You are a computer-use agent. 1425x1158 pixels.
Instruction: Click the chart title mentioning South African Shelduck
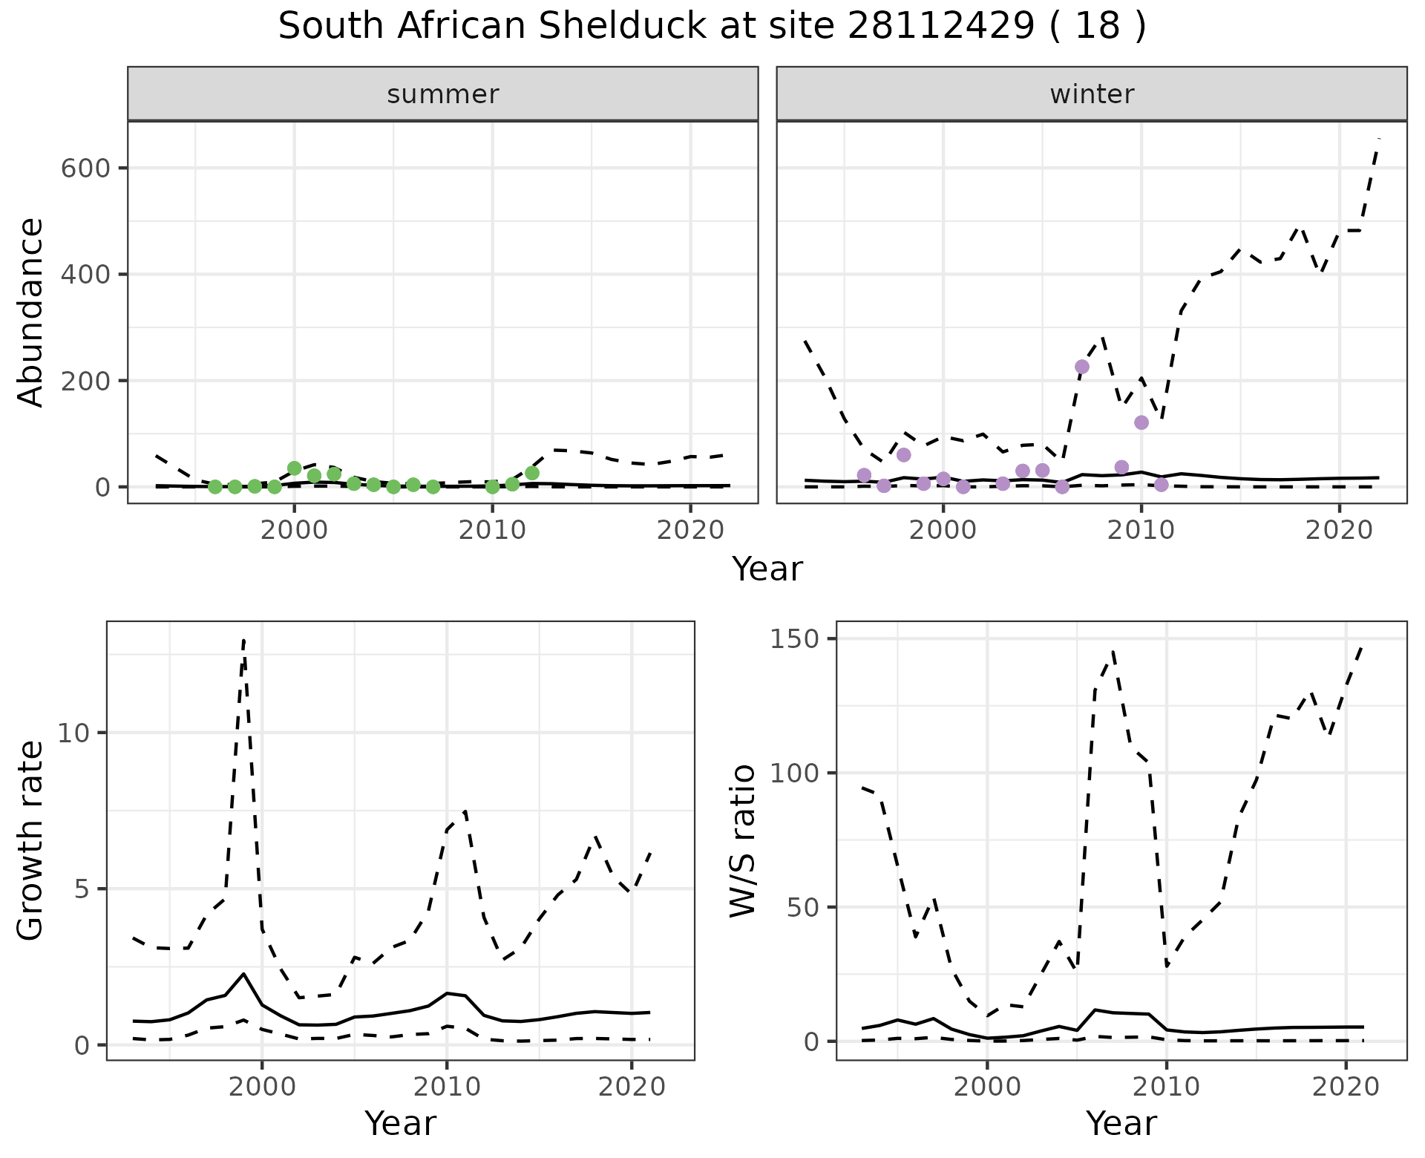click(712, 27)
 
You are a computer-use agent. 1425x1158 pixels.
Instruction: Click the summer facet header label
click(443, 94)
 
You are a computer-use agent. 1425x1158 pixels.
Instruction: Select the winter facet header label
click(1092, 94)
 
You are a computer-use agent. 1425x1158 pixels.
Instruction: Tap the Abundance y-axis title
click(31, 312)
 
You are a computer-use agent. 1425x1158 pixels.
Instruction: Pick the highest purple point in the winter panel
click(1082, 367)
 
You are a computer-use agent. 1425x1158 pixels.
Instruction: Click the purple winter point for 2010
click(1141, 422)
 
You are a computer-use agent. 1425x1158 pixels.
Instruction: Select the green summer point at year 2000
click(295, 468)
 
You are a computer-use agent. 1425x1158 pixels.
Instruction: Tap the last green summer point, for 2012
click(532, 473)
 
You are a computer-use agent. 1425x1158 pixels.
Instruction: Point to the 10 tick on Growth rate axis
click(73, 733)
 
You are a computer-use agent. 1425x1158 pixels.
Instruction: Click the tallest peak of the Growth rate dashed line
click(243, 641)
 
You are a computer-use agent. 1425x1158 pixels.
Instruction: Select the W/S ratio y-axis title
click(742, 840)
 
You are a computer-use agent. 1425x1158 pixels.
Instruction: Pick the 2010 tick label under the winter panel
click(1141, 531)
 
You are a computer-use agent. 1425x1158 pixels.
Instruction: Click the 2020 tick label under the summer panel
click(691, 531)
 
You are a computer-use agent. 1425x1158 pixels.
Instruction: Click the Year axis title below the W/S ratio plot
click(1121, 1124)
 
